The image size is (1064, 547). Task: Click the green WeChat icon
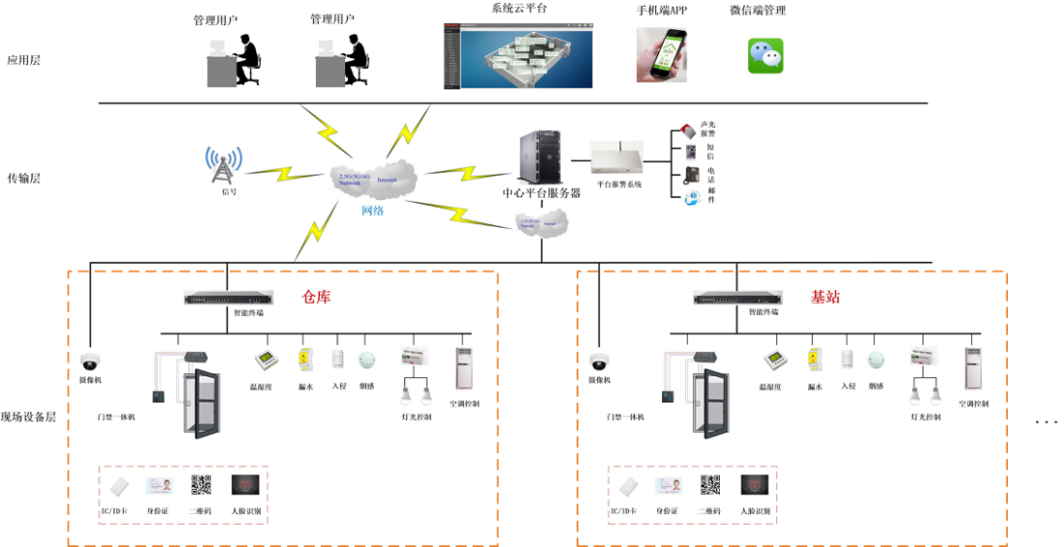[x=765, y=56]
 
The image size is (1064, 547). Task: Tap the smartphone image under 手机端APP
[x=662, y=54]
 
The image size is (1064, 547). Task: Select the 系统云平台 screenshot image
[x=517, y=54]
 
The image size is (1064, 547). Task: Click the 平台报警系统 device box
[x=618, y=158]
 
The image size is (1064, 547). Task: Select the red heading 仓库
[x=317, y=298]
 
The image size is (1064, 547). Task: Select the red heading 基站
[x=826, y=298]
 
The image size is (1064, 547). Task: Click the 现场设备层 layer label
[x=29, y=418]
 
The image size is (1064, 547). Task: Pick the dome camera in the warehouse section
[x=90, y=363]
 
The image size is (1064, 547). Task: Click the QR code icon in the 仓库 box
[x=201, y=486]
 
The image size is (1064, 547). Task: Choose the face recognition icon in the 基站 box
[x=754, y=486]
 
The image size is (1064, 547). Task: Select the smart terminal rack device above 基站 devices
[x=736, y=298]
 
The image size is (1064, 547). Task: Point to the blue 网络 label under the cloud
[x=372, y=209]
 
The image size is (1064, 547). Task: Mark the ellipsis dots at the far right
[x=1047, y=423]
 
